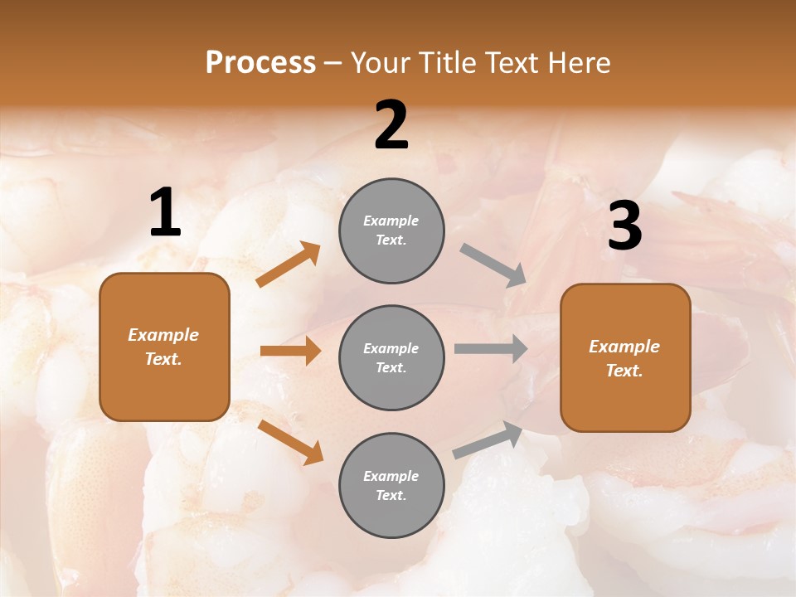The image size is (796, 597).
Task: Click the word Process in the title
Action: point(260,63)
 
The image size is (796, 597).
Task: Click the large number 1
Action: point(165,213)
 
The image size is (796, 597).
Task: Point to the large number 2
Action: point(391,125)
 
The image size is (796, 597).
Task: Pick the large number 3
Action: point(624,226)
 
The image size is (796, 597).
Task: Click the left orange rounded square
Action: point(164,347)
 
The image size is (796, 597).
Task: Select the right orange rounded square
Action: point(625,357)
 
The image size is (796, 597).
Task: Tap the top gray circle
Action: point(391,231)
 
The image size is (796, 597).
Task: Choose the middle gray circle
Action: point(391,357)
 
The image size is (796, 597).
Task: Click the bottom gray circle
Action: point(391,485)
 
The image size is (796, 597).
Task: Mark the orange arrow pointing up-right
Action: point(289,265)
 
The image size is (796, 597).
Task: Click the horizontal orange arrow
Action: point(290,351)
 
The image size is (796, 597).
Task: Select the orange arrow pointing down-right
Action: point(290,442)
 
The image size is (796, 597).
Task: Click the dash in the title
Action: point(332,63)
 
